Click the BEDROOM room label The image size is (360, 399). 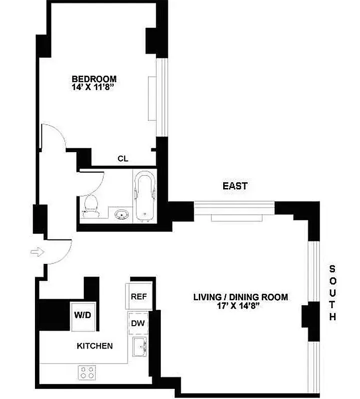click(x=94, y=79)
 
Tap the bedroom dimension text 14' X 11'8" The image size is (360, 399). click(x=94, y=87)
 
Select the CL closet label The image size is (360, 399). click(x=123, y=159)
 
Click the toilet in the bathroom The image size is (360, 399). click(x=91, y=205)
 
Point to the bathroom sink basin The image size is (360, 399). click(x=121, y=214)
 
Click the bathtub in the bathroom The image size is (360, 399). click(x=144, y=195)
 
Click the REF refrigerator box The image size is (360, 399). click(x=138, y=296)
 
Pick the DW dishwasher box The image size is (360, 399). click(x=138, y=323)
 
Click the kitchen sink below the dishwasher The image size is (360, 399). click(x=139, y=347)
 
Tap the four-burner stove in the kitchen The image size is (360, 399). click(x=88, y=372)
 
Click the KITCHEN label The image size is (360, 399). click(x=94, y=346)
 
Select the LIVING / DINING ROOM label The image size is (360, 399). click(x=241, y=297)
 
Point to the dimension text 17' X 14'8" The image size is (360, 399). click(x=241, y=306)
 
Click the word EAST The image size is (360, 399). click(x=235, y=186)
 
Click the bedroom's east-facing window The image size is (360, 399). click(x=161, y=97)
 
